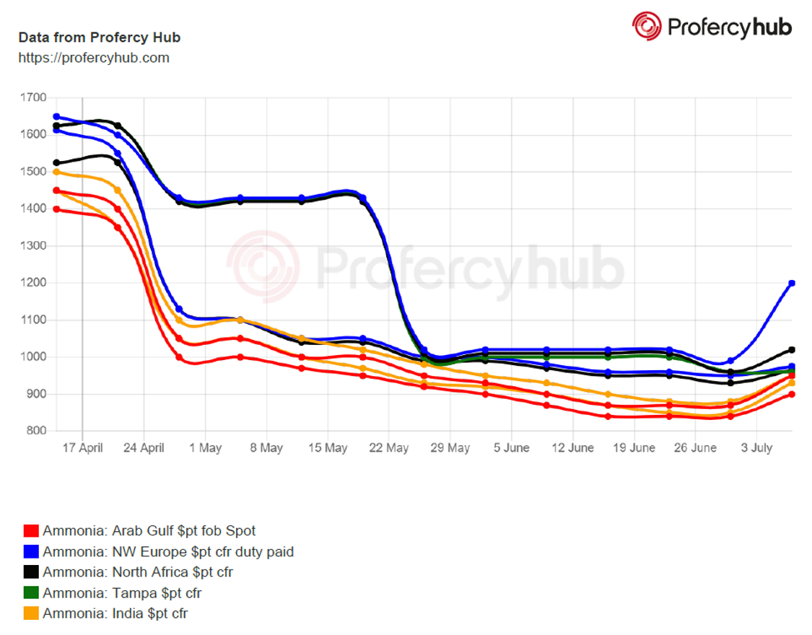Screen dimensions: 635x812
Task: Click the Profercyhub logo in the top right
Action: pos(712,27)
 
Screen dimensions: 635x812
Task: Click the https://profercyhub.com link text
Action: pos(94,58)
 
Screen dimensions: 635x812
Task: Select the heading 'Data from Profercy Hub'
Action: pos(99,38)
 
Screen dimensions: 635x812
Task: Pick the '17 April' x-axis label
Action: pos(82,448)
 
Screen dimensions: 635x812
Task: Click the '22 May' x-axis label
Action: pos(389,448)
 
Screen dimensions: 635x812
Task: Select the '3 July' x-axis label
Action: pos(756,448)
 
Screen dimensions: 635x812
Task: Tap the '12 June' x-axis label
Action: pos(573,448)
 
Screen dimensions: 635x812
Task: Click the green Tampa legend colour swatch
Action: pos(31,594)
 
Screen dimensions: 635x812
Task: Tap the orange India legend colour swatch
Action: pos(31,614)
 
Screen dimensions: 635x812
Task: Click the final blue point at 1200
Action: pos(792,283)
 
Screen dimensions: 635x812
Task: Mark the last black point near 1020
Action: pos(792,350)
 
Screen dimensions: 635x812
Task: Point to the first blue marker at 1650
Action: pos(56,116)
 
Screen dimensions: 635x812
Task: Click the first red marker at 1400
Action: pos(56,209)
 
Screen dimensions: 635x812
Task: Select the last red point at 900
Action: pos(792,394)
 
